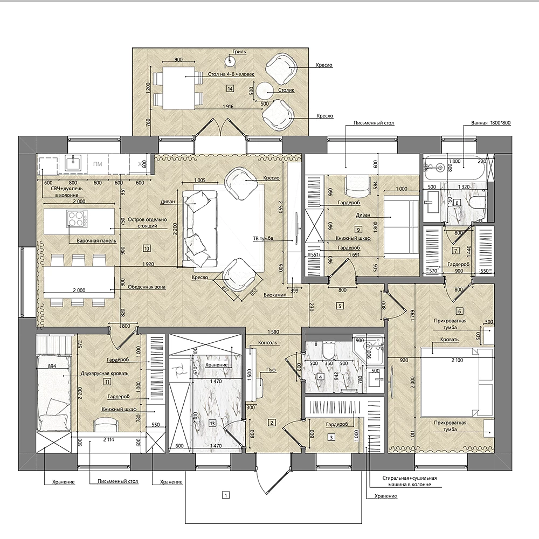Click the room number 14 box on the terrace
click(x=230, y=89)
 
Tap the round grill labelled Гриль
click(x=230, y=61)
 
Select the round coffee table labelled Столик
click(x=265, y=91)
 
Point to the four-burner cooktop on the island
click(x=77, y=219)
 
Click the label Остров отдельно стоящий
click(x=147, y=223)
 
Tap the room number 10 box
click(x=147, y=248)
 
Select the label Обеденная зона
click(x=147, y=287)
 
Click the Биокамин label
click(x=275, y=295)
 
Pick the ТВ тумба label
click(x=263, y=238)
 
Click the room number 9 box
click(x=358, y=230)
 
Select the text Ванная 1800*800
click(x=490, y=122)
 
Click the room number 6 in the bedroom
click(x=459, y=312)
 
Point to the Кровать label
click(x=450, y=340)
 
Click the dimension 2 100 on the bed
click(x=457, y=360)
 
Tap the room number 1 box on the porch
click(x=226, y=495)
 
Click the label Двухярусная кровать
click(x=105, y=374)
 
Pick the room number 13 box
click(x=212, y=423)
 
